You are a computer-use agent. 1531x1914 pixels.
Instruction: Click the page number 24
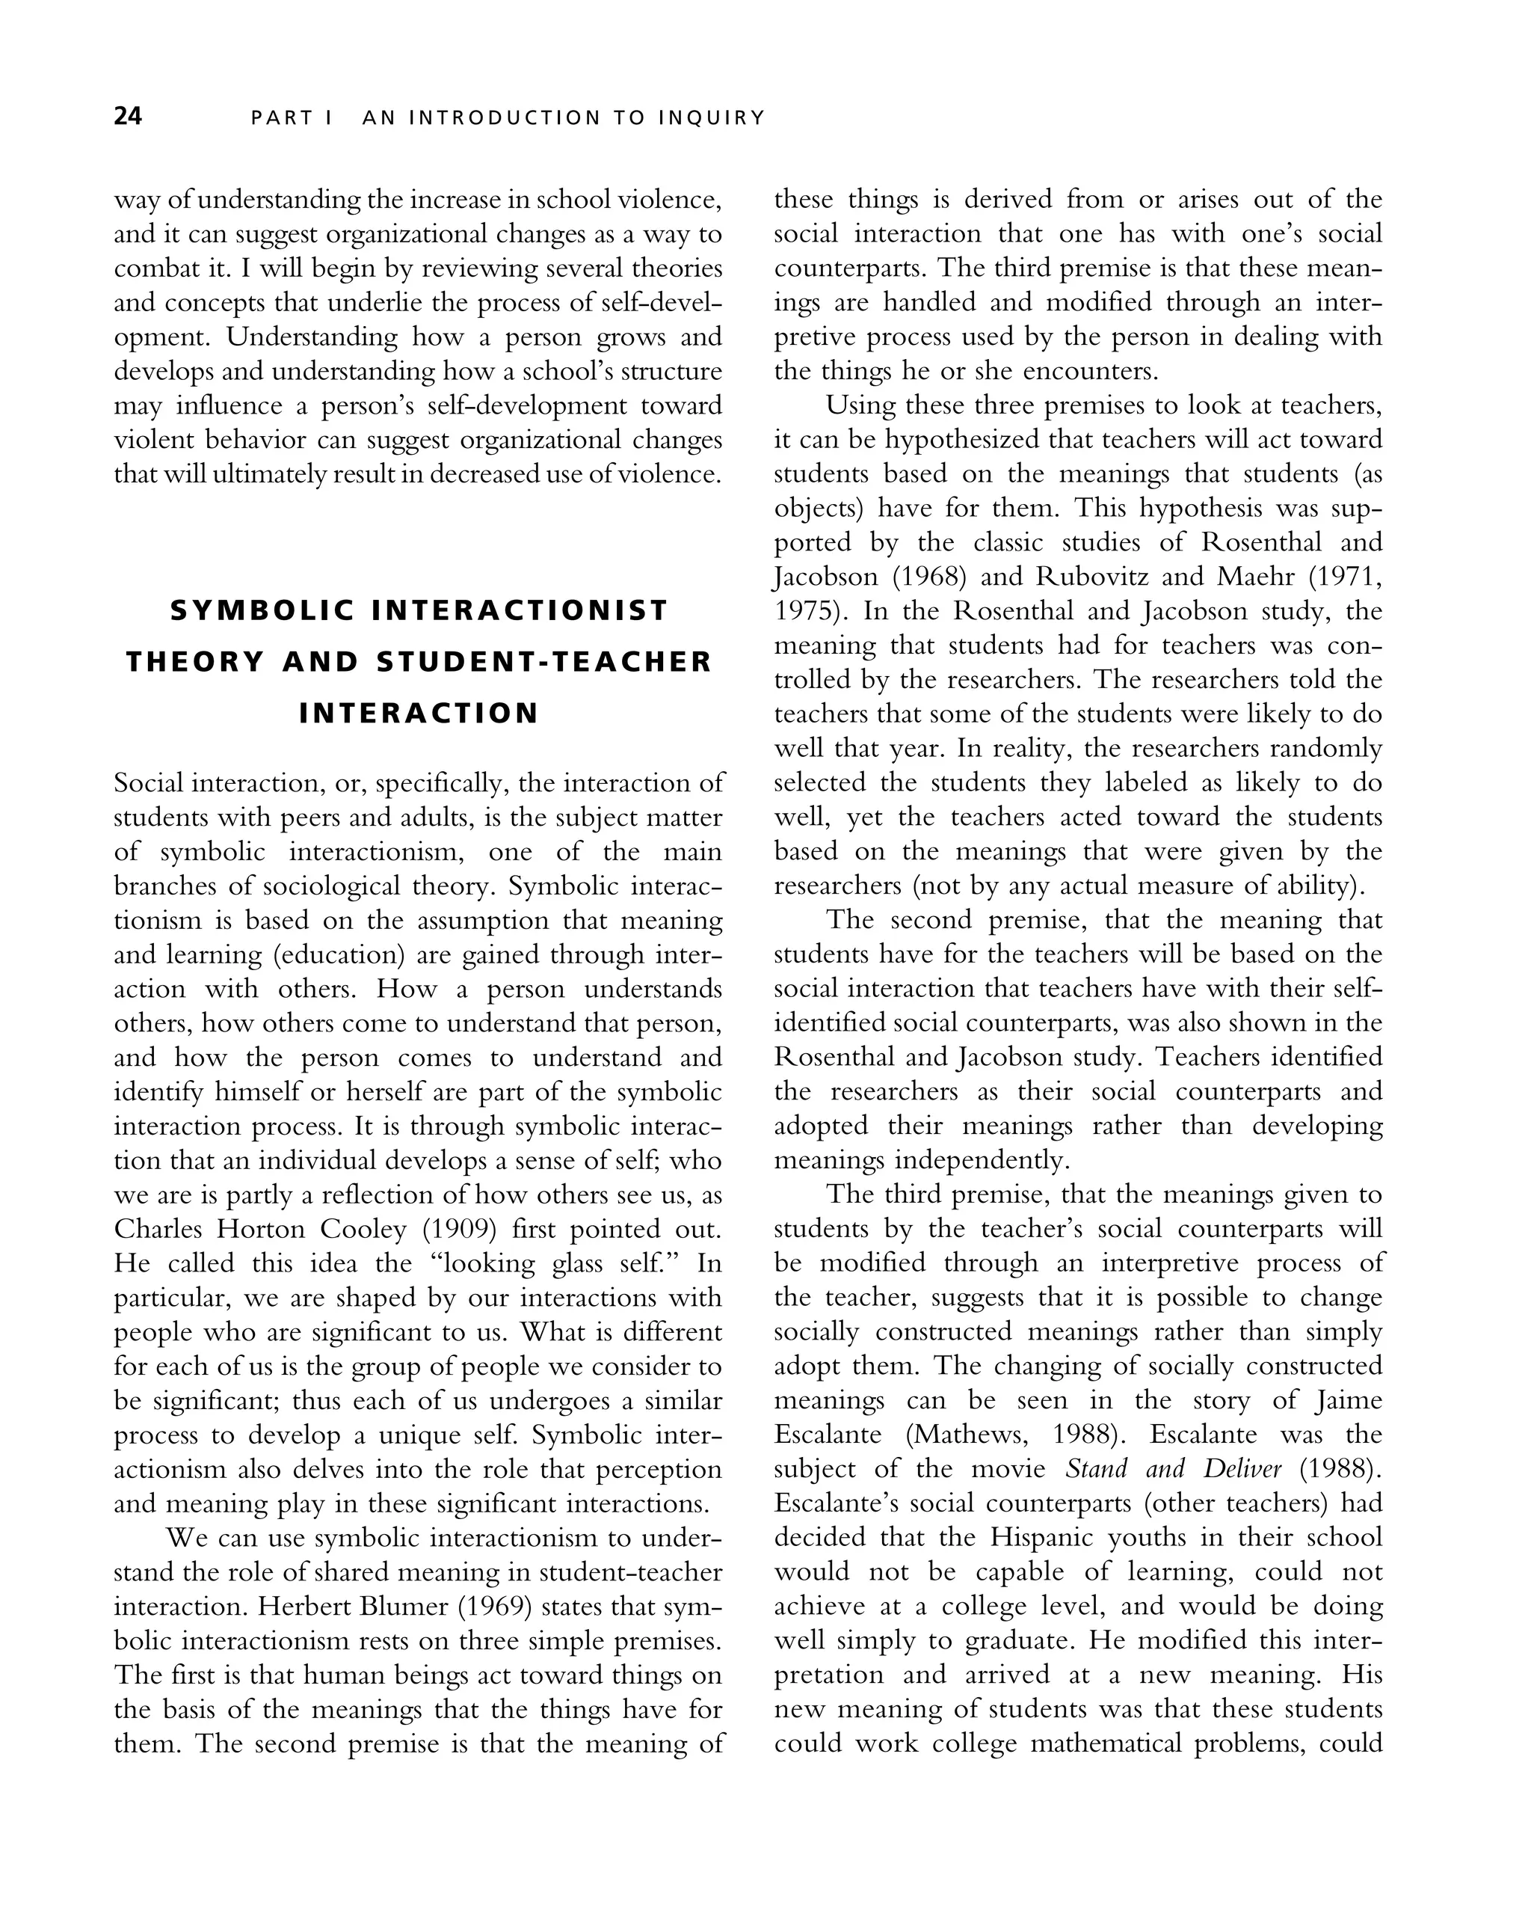pos(128,116)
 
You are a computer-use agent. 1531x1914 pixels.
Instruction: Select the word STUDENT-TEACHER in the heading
pos(544,662)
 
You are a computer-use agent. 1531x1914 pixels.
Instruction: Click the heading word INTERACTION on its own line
pos(419,714)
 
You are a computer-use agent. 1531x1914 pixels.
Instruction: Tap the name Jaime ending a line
pos(1348,1401)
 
